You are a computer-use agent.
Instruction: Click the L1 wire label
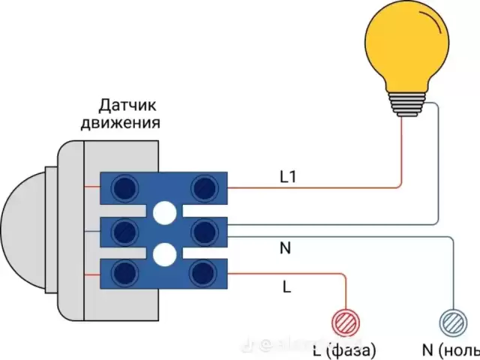[x=289, y=178]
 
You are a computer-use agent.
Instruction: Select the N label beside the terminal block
[x=285, y=248]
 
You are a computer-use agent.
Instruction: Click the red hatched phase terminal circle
[x=346, y=322]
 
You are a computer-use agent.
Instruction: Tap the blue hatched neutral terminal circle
[x=452, y=322]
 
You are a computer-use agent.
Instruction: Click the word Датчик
[x=128, y=105]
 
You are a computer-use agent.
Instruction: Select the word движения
[x=120, y=122]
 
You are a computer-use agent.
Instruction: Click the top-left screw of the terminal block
[x=122, y=187]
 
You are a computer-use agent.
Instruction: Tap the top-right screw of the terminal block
[x=204, y=187]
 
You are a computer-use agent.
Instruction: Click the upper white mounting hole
[x=163, y=214]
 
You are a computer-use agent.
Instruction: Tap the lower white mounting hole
[x=163, y=255]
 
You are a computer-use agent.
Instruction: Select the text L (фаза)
[x=344, y=349]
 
